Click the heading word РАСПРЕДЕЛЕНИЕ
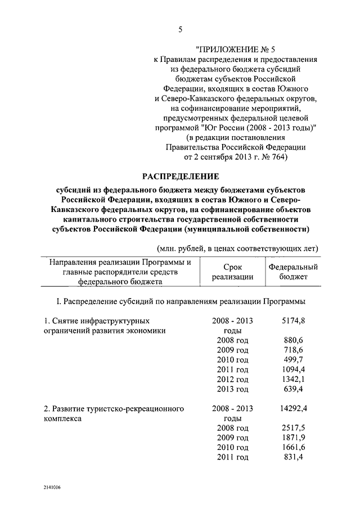[180, 177]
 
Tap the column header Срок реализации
[232, 272]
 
